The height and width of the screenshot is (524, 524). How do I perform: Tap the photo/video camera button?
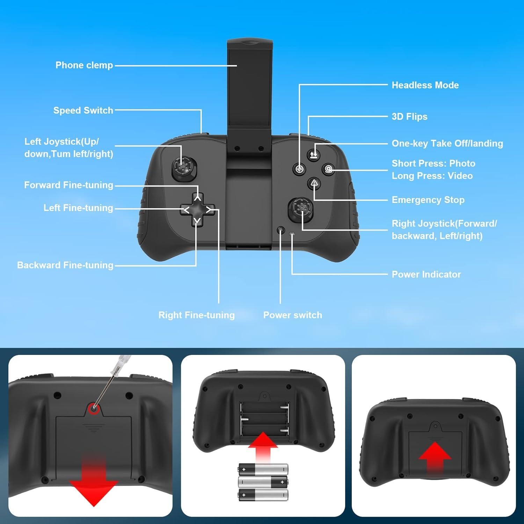coord(329,169)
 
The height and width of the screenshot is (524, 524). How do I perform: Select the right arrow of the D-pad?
coord(209,210)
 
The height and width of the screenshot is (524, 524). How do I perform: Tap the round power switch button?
coord(281,230)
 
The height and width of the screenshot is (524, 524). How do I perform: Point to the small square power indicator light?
coord(292,234)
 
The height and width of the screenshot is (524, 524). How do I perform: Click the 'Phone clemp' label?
coord(84,65)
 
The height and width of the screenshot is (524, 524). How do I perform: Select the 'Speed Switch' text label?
coord(83,110)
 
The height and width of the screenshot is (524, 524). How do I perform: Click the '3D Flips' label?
coord(409,117)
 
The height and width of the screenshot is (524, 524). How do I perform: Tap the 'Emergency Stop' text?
coord(428,200)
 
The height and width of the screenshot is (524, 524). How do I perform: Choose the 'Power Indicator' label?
coord(426,275)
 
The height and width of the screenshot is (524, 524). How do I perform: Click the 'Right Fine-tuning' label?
coord(196,315)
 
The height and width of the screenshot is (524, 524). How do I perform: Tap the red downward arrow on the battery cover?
coord(94,484)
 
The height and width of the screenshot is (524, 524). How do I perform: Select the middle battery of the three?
coord(263,482)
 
